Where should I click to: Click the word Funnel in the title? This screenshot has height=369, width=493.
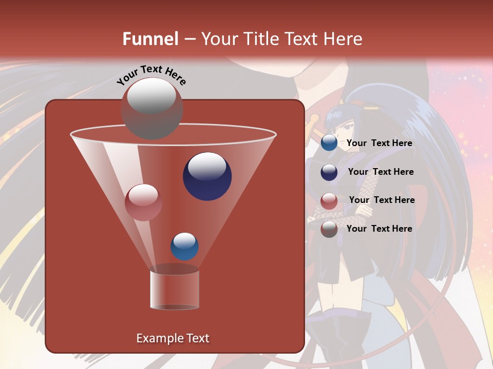point(150,39)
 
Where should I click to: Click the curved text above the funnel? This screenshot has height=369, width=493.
point(151,75)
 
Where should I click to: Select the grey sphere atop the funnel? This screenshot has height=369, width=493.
point(151,108)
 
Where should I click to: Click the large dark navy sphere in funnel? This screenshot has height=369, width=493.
point(207,176)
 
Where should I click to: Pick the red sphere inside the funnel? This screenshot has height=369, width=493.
point(143,202)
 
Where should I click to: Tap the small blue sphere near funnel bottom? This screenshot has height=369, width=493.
point(184,247)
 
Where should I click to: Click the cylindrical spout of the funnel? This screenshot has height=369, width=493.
point(175,289)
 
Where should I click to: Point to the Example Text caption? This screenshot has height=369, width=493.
point(173,338)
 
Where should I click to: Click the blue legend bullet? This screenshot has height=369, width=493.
point(329,143)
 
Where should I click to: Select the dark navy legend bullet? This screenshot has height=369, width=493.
point(329,173)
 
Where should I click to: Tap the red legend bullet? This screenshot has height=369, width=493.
point(329,201)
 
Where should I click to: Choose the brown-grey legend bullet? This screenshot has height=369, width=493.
point(329,229)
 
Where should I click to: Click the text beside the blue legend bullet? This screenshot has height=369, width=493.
point(379,143)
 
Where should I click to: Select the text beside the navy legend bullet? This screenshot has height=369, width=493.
point(381,172)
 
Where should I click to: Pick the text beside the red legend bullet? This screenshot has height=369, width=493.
point(382,200)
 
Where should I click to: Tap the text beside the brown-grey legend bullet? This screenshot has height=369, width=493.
point(379,229)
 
